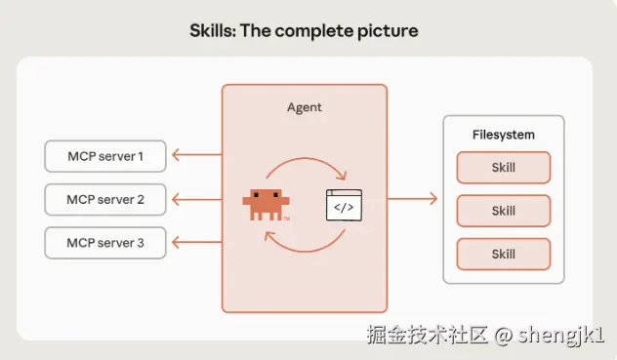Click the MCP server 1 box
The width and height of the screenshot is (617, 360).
click(105, 155)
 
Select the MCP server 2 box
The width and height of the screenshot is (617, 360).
click(105, 199)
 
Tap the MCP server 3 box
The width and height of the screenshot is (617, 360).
click(105, 242)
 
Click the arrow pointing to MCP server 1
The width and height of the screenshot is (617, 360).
click(195, 154)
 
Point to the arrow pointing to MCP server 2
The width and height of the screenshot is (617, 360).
click(195, 199)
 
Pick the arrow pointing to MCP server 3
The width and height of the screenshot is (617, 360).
click(195, 242)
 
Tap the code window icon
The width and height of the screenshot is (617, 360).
click(344, 206)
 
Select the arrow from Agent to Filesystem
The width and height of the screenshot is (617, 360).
click(412, 199)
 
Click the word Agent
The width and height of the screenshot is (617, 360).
click(305, 106)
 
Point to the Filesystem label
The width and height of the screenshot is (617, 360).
click(504, 135)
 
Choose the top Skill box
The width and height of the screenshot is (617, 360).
click(504, 167)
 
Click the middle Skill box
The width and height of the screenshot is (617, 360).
click(504, 211)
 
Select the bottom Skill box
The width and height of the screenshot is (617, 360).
click(504, 254)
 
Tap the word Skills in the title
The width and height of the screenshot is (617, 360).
click(212, 30)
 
